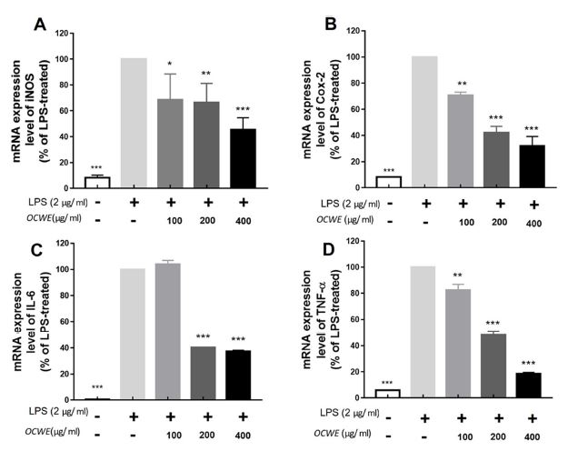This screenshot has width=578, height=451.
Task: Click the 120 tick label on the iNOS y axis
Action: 60,34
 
